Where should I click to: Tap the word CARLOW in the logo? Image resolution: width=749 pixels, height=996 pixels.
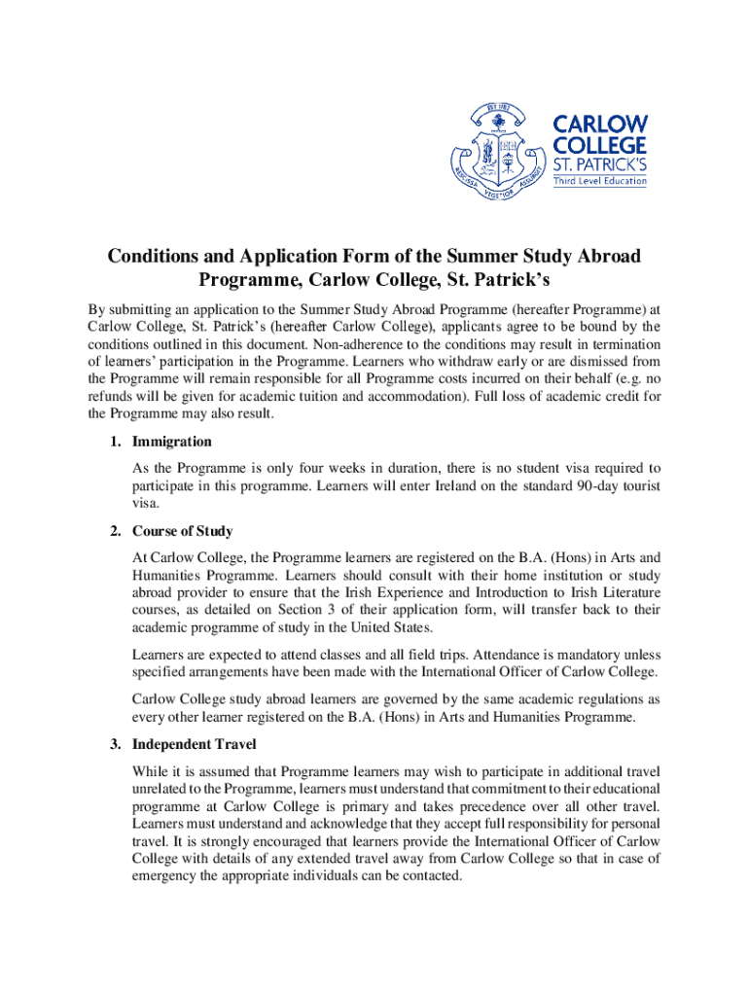point(600,124)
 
